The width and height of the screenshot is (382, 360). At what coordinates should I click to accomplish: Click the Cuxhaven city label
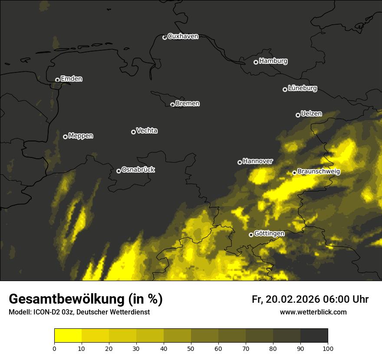[183, 36]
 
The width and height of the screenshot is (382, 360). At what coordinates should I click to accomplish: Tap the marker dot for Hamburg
[256, 62]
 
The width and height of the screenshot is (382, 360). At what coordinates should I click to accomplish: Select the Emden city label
[71, 79]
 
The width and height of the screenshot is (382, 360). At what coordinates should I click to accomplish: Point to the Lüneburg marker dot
[285, 89]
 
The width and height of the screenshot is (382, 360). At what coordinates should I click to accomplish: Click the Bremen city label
[188, 104]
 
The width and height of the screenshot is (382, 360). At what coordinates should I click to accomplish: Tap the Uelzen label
[311, 114]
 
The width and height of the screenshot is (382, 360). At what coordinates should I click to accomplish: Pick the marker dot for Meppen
[65, 137]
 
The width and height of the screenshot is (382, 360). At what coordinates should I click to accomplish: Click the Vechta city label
[147, 131]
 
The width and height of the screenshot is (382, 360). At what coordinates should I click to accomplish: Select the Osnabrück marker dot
[119, 171]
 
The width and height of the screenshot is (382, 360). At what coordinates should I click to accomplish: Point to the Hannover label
[258, 161]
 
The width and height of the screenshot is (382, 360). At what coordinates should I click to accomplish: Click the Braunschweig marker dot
[294, 173]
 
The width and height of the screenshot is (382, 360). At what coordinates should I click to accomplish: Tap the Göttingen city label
[269, 233]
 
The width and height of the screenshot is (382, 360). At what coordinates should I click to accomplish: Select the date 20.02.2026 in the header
[292, 299]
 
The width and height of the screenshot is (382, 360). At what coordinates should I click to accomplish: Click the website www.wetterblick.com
[313, 312]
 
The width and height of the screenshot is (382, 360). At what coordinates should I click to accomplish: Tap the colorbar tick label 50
[191, 348]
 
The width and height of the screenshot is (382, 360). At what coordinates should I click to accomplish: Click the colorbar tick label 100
[328, 348]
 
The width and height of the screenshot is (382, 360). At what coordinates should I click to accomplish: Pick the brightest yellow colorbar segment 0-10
[68, 336]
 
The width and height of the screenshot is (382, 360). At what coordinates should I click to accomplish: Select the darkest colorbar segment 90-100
[314, 336]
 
